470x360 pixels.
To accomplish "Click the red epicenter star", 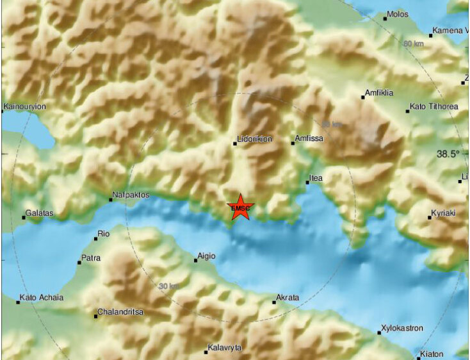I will [241, 207].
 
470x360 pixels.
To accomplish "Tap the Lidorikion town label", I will [255, 138].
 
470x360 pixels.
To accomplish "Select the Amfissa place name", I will [309, 138].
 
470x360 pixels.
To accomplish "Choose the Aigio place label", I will [206, 256].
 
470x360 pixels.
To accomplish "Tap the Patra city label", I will [90, 259].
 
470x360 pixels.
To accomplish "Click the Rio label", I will [103, 234].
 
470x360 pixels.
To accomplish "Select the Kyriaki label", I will [444, 213].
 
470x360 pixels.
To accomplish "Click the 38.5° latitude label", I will [448, 154].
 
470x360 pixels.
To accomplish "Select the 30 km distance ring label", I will [169, 286].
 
